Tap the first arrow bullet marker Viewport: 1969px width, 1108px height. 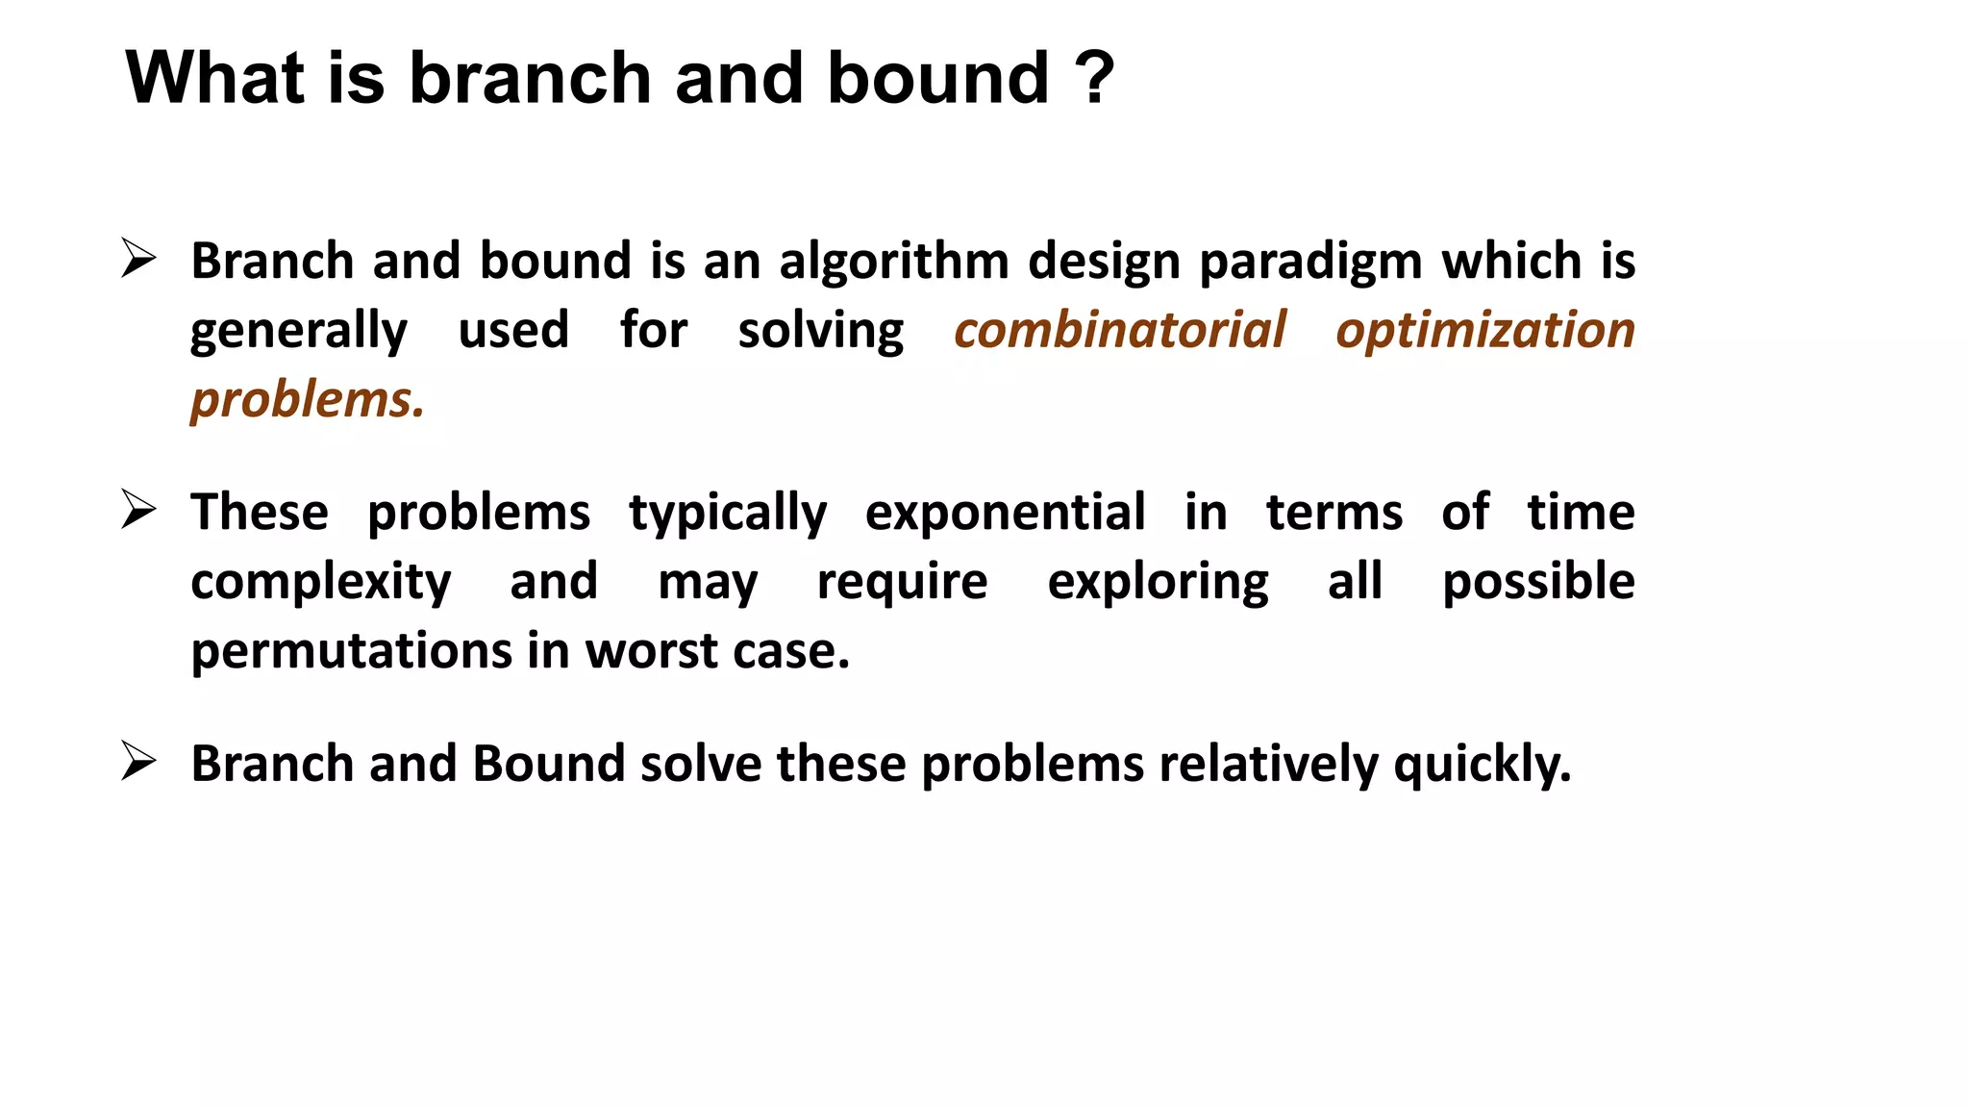138,259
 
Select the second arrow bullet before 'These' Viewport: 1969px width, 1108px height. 138,510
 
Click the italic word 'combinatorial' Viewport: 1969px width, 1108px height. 1119,330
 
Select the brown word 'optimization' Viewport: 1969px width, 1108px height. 1485,332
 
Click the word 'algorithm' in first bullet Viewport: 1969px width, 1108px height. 893,263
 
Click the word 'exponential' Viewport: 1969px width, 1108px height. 1005,514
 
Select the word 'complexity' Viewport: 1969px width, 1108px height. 320,583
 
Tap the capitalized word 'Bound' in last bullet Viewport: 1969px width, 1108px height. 548,764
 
